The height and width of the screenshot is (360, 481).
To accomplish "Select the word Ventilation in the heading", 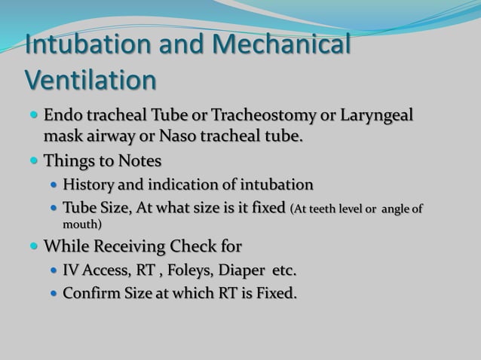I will [x=91, y=79].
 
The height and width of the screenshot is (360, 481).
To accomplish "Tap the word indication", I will [x=187, y=185].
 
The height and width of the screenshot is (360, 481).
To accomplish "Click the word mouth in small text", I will [x=80, y=224].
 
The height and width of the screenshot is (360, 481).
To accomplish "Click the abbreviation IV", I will [x=72, y=270].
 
